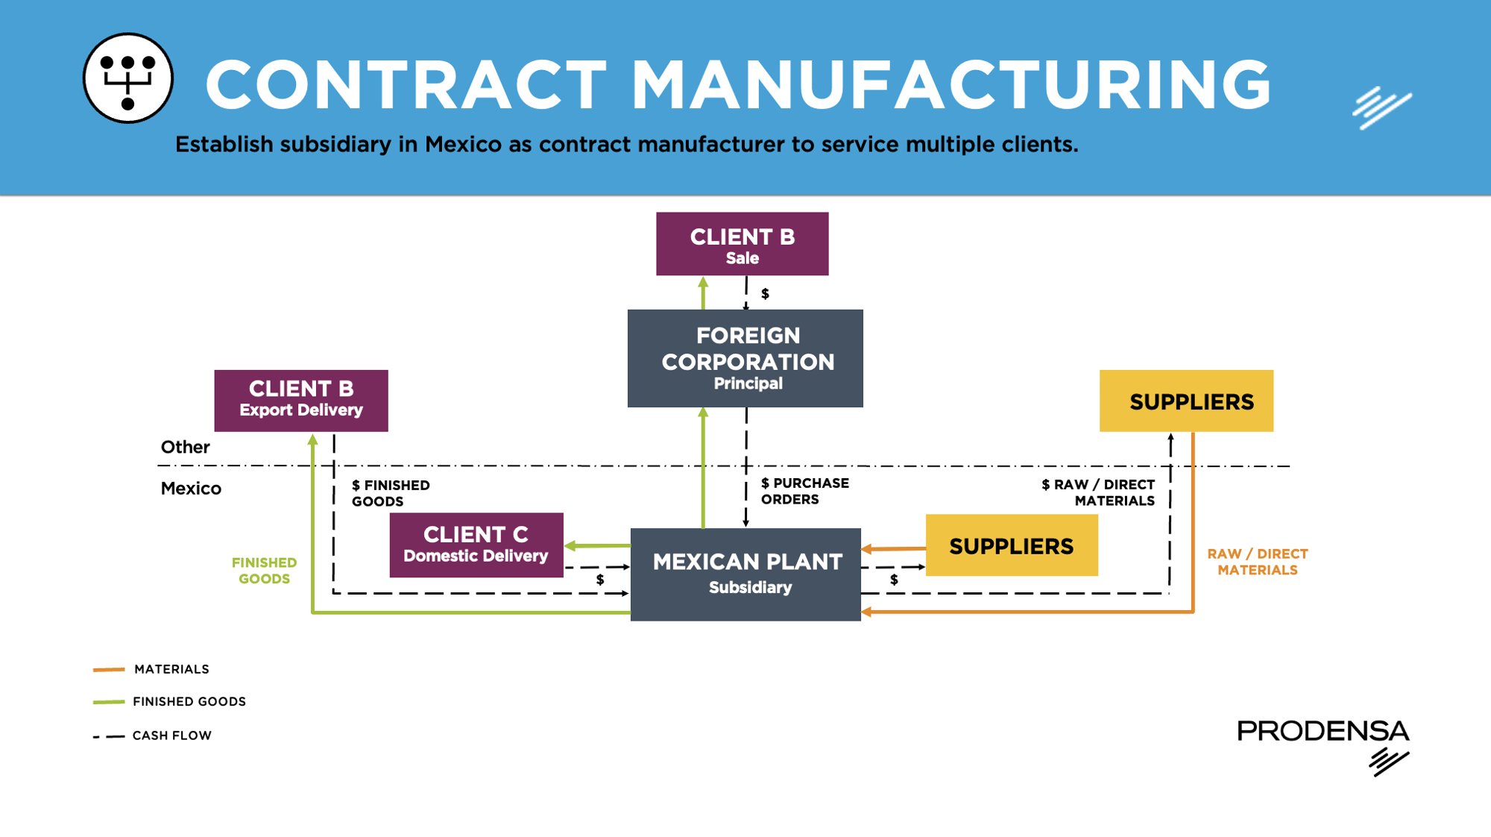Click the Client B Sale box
tap(742, 244)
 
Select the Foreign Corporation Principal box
tap(745, 358)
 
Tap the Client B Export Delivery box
tap(301, 401)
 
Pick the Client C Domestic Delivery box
tap(476, 545)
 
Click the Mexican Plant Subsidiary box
tap(745, 574)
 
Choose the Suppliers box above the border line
tap(1186, 401)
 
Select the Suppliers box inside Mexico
tap(1012, 545)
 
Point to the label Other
tap(185, 447)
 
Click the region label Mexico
tap(191, 489)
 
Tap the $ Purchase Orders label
tap(804, 492)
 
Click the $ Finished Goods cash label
tap(391, 493)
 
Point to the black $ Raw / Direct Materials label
tap(1098, 492)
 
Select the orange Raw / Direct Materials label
tap(1257, 562)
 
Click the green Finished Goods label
tap(264, 571)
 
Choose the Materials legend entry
tap(171, 669)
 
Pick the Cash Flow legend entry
tap(171, 736)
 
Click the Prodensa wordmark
tap(1323, 731)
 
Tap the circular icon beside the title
tap(128, 78)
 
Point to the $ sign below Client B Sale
tap(765, 294)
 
